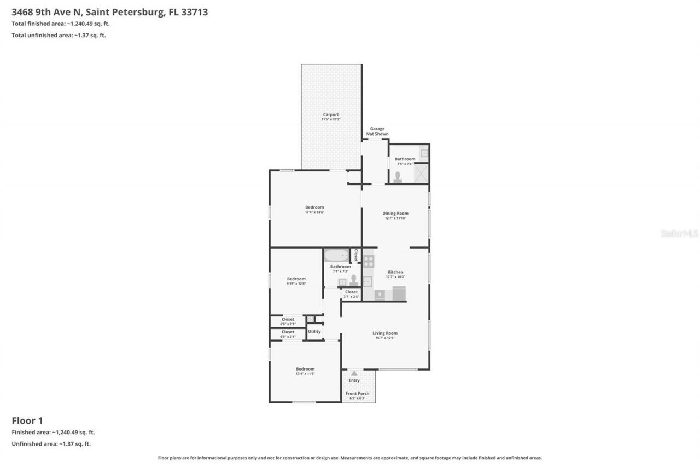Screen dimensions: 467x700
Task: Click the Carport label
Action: (x=331, y=114)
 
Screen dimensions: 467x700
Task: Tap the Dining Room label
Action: (x=395, y=214)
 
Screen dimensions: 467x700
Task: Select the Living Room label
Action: (x=385, y=333)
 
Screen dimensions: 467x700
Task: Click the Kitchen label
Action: (x=395, y=272)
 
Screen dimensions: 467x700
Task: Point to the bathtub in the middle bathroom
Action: (x=336, y=256)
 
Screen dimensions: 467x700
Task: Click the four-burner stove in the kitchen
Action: (x=369, y=261)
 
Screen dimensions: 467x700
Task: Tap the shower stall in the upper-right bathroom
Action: (x=421, y=173)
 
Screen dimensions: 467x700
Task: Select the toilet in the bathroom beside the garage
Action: (x=398, y=177)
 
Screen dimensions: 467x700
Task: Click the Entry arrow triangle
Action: (x=354, y=373)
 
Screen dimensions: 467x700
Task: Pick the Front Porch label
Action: (x=357, y=393)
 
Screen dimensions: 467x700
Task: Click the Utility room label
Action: (x=314, y=331)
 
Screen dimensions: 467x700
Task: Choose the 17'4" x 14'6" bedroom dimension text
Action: (x=314, y=212)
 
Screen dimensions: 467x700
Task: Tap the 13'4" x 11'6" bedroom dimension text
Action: (x=305, y=374)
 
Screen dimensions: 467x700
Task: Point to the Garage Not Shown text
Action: (x=377, y=131)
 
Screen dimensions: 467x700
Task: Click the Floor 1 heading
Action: (x=27, y=420)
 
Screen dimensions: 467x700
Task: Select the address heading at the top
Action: (x=110, y=12)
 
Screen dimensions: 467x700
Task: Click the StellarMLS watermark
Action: (x=679, y=233)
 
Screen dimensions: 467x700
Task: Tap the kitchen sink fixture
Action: (x=367, y=281)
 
